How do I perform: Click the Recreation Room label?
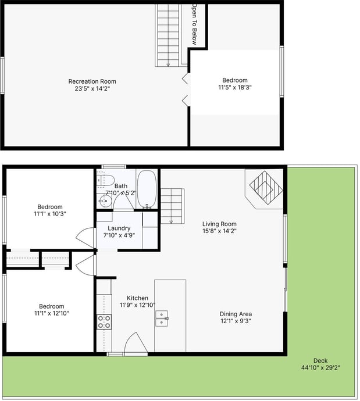[x=92, y=81]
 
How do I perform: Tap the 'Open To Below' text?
[x=195, y=24]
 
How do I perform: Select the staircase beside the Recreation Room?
[x=169, y=35]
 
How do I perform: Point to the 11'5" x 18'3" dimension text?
[x=235, y=88]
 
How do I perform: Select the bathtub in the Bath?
[x=147, y=189]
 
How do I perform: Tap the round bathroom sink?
[x=104, y=202]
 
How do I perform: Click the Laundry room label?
[x=119, y=228]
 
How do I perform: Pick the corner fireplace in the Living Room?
[x=265, y=187]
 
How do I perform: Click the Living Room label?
[x=219, y=224]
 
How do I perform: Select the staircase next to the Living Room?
[x=172, y=205]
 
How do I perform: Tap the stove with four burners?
[x=104, y=322]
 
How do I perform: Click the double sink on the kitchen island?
[x=162, y=318]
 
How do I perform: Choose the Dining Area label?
[x=236, y=314]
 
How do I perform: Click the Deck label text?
[x=320, y=360]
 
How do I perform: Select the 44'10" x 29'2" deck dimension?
[x=320, y=367]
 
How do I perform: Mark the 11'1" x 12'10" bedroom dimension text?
[x=51, y=313]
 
